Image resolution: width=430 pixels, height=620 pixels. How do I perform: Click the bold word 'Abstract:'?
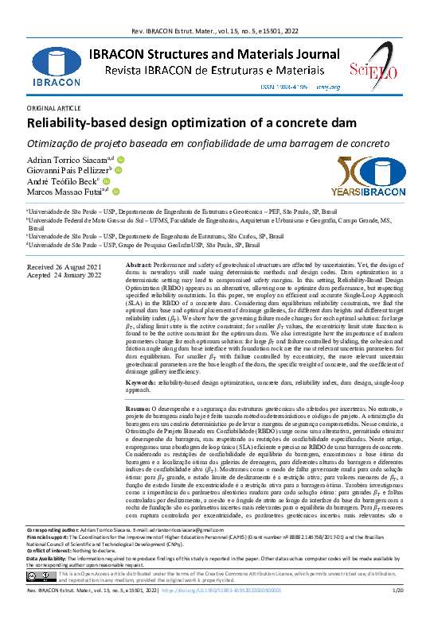139,264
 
